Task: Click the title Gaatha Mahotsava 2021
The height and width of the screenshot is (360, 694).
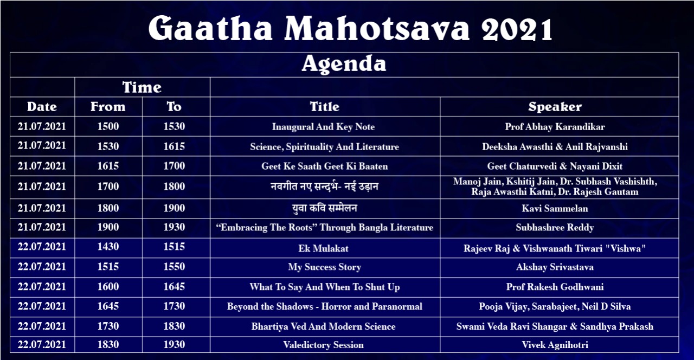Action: (350, 28)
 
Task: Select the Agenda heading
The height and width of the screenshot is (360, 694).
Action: (344, 64)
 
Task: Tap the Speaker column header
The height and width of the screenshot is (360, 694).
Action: (555, 107)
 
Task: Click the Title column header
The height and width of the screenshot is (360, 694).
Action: (325, 107)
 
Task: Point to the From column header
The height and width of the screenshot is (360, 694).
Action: (108, 107)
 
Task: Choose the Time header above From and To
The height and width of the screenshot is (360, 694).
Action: (142, 87)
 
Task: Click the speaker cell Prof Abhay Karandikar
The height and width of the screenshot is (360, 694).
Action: (555, 127)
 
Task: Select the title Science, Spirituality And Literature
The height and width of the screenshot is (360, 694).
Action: (324, 146)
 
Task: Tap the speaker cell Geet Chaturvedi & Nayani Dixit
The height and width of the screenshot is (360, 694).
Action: (555, 166)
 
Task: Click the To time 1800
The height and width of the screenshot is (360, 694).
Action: (174, 187)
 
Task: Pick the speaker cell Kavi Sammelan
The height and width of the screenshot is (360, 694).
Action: (555, 208)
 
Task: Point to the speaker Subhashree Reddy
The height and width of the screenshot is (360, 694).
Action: (555, 227)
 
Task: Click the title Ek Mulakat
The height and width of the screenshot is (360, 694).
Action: (324, 248)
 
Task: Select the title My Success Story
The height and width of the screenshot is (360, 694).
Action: (324, 267)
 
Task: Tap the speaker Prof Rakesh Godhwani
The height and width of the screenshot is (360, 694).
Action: (555, 287)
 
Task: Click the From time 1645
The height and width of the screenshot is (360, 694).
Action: (108, 306)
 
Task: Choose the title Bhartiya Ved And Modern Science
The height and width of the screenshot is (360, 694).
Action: (324, 326)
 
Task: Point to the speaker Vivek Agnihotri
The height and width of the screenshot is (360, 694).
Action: (555, 345)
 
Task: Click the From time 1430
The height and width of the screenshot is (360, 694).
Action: (108, 247)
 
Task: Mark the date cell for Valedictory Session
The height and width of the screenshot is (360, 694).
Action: (42, 344)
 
